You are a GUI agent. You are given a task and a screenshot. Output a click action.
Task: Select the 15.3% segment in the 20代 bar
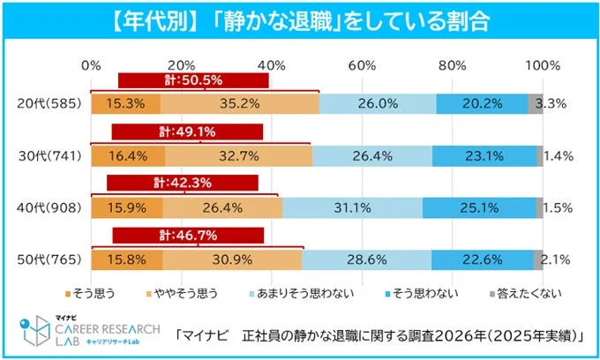[124, 103]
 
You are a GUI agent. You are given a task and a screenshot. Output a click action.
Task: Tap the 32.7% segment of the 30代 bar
[237, 156]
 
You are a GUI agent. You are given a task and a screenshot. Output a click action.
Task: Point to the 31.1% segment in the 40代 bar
[352, 208]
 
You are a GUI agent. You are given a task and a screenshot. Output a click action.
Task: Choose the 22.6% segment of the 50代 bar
[482, 260]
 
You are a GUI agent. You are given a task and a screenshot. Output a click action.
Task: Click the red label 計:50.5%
[193, 80]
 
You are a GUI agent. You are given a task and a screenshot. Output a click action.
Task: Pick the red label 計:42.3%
[183, 184]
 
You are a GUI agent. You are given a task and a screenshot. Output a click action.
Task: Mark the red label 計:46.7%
[188, 236]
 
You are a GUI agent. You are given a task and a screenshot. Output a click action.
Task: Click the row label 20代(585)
[49, 103]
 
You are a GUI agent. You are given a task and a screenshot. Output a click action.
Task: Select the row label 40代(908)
[49, 208]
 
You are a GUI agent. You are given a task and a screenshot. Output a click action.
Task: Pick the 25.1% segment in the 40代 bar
[478, 208]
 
